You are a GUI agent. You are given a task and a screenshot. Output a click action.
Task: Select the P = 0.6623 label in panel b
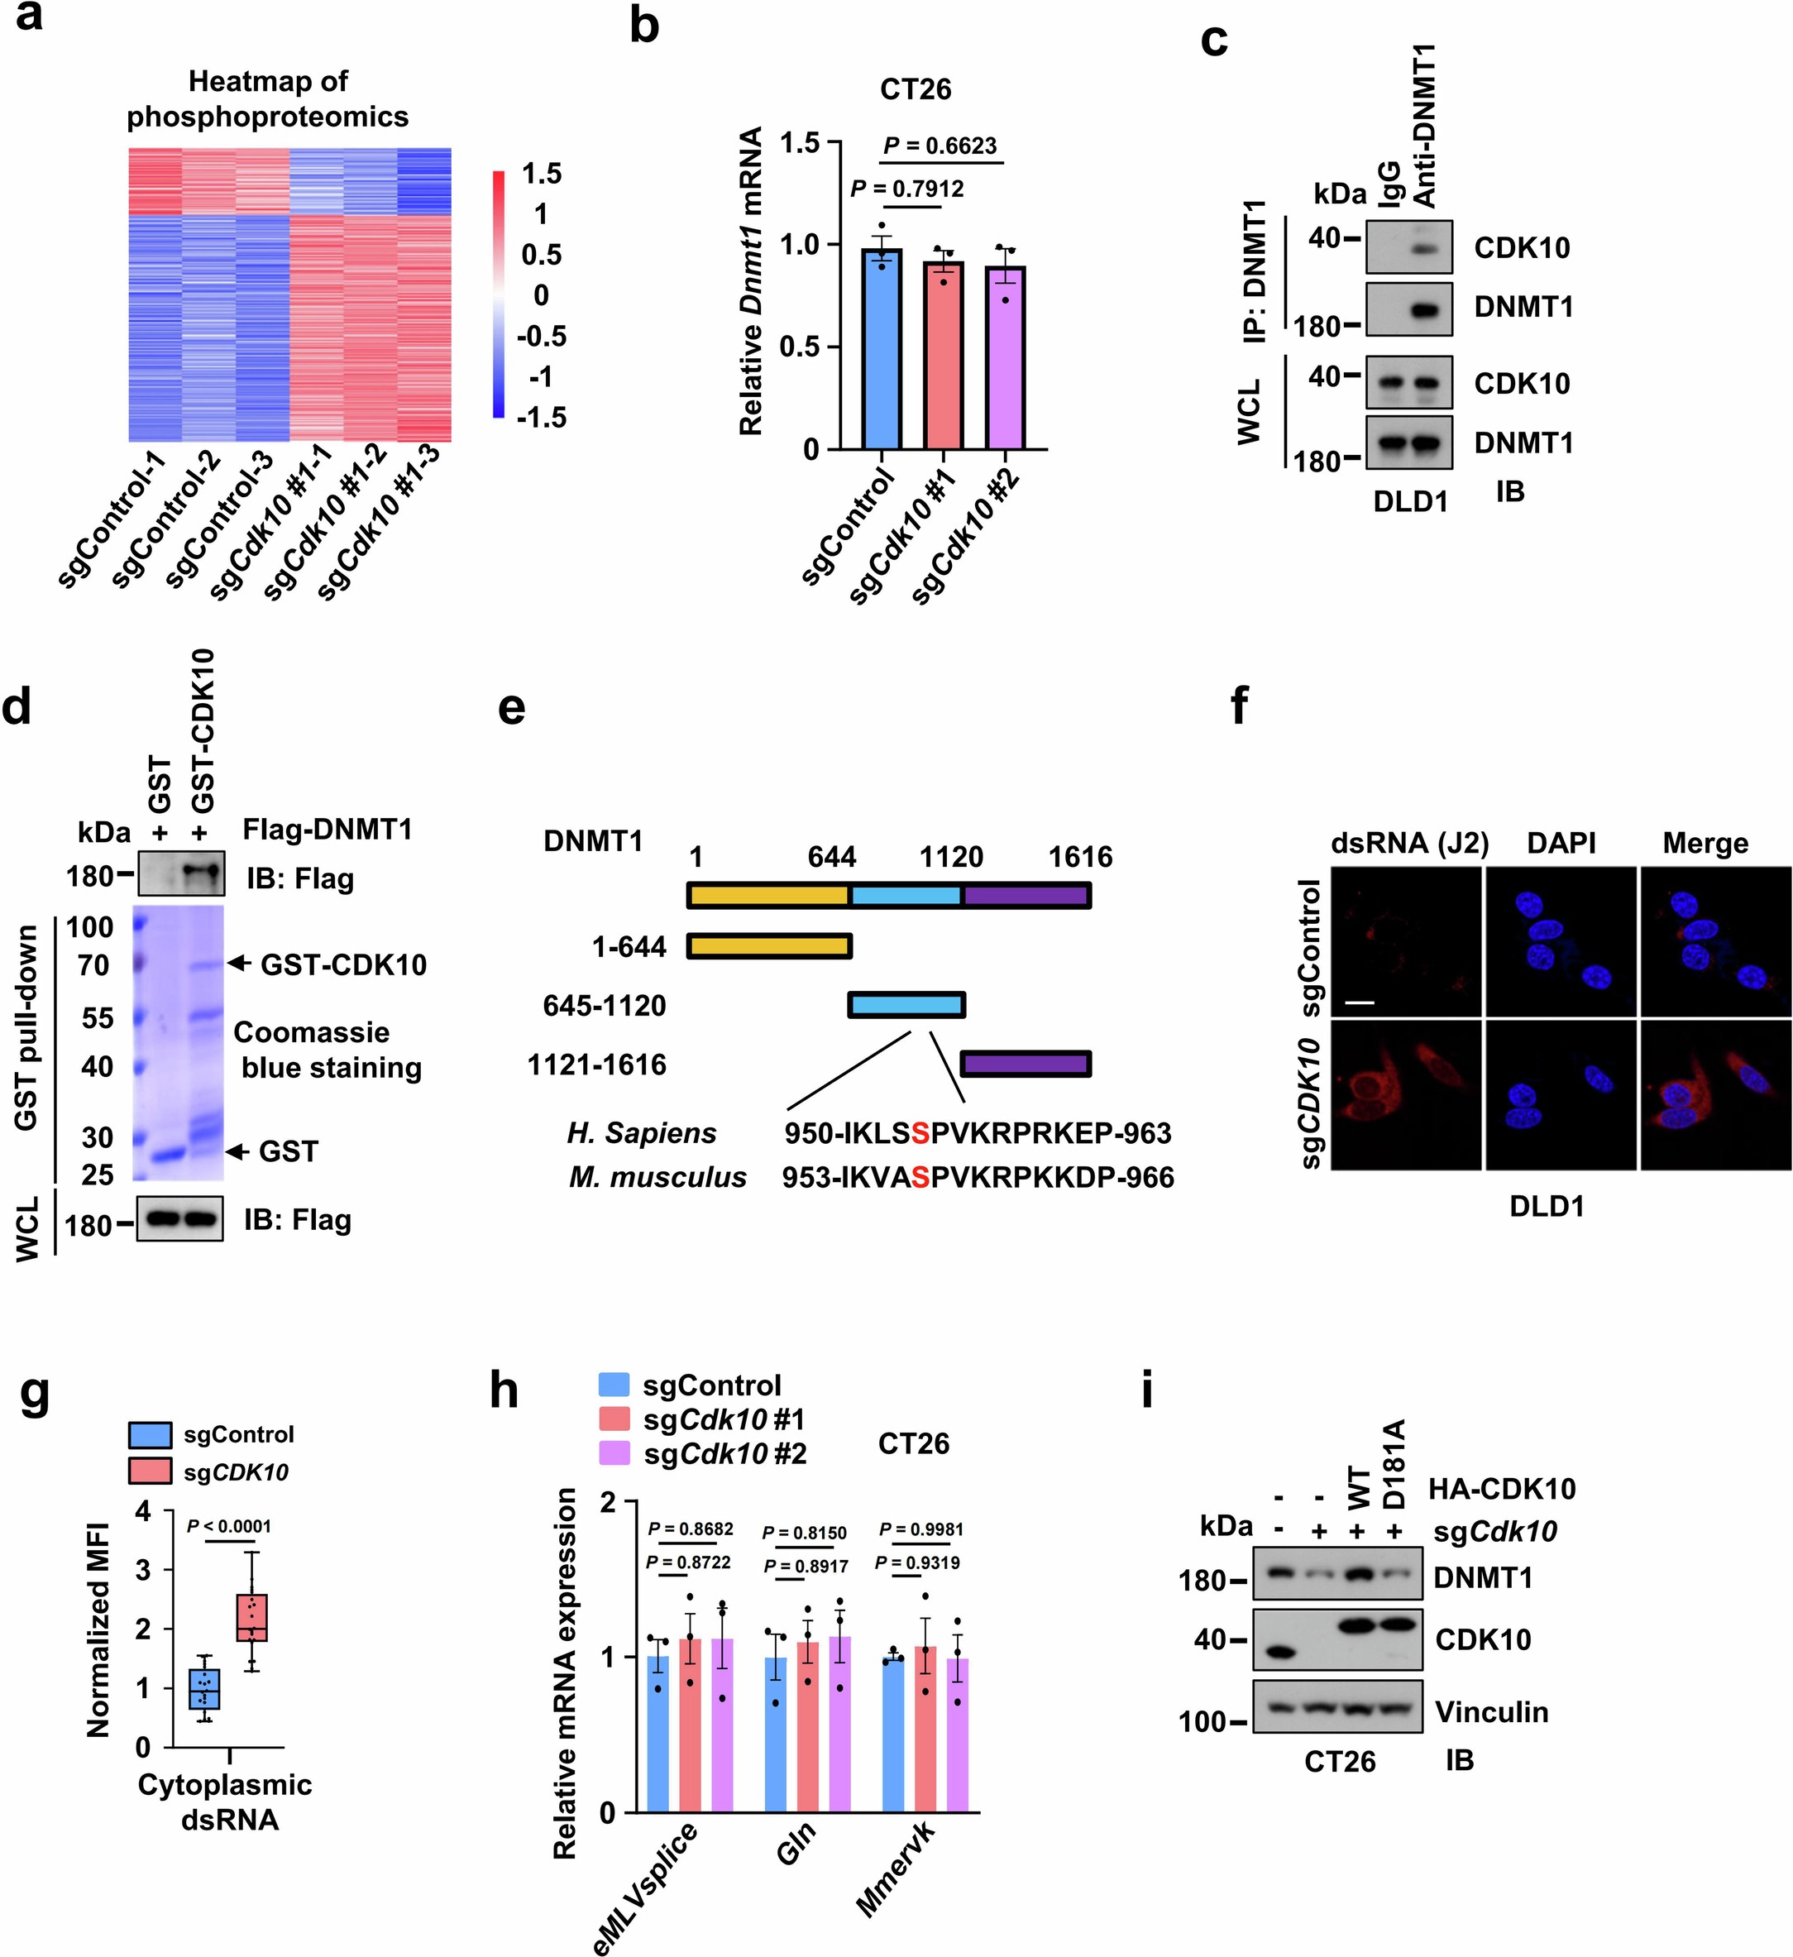pos(939,146)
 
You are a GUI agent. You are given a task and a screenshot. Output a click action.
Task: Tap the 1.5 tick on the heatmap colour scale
pos(542,174)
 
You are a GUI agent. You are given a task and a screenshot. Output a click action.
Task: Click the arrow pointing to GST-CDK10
pos(239,964)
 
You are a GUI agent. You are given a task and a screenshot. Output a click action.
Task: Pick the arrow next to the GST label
pos(238,1151)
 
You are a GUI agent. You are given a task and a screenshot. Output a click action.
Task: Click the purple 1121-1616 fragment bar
pos(1026,1064)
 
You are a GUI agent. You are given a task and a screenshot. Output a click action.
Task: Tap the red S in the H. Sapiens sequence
pos(920,1133)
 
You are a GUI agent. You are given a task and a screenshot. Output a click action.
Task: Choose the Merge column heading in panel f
pos(1705,844)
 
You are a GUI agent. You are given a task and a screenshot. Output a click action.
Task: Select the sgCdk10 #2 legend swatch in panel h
pos(614,1454)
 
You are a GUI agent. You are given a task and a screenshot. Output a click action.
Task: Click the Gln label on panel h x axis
pos(794,1845)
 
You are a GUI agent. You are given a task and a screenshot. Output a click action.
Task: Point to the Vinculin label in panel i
pos(1491,1711)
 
